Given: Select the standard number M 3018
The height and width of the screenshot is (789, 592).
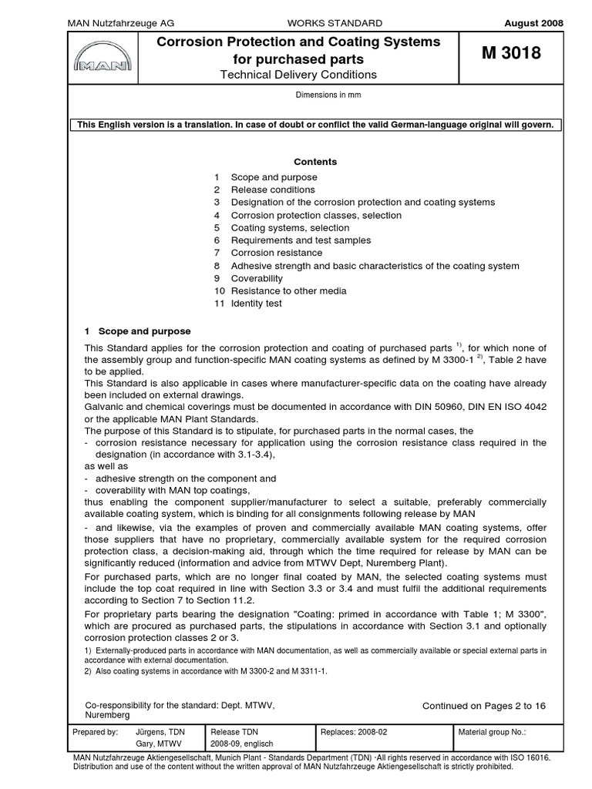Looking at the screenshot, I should coord(511,54).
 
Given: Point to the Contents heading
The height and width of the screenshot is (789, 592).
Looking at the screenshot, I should coord(315,162).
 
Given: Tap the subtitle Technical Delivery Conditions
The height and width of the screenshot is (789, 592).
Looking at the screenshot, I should coord(298,75).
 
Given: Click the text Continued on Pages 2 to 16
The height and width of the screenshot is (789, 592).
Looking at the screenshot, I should coord(483,705).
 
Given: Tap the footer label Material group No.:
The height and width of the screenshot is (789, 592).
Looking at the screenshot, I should coord(492,732).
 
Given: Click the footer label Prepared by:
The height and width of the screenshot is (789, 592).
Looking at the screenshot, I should coord(95,732).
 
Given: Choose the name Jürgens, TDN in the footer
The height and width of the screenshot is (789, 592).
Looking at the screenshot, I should coord(160,732).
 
